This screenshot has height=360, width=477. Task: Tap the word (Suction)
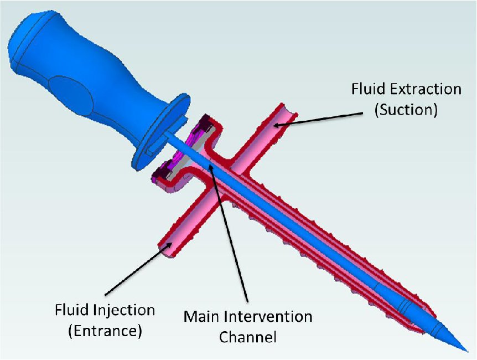click(406, 109)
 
